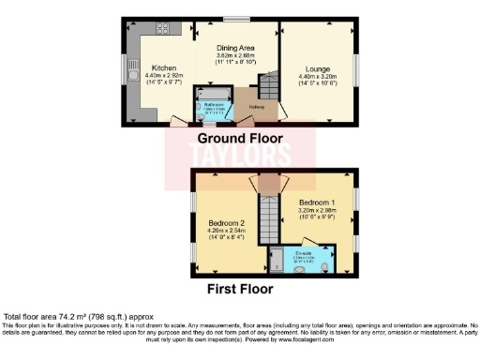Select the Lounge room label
313,68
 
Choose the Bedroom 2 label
226,223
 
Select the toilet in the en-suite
323,264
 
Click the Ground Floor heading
240,137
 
